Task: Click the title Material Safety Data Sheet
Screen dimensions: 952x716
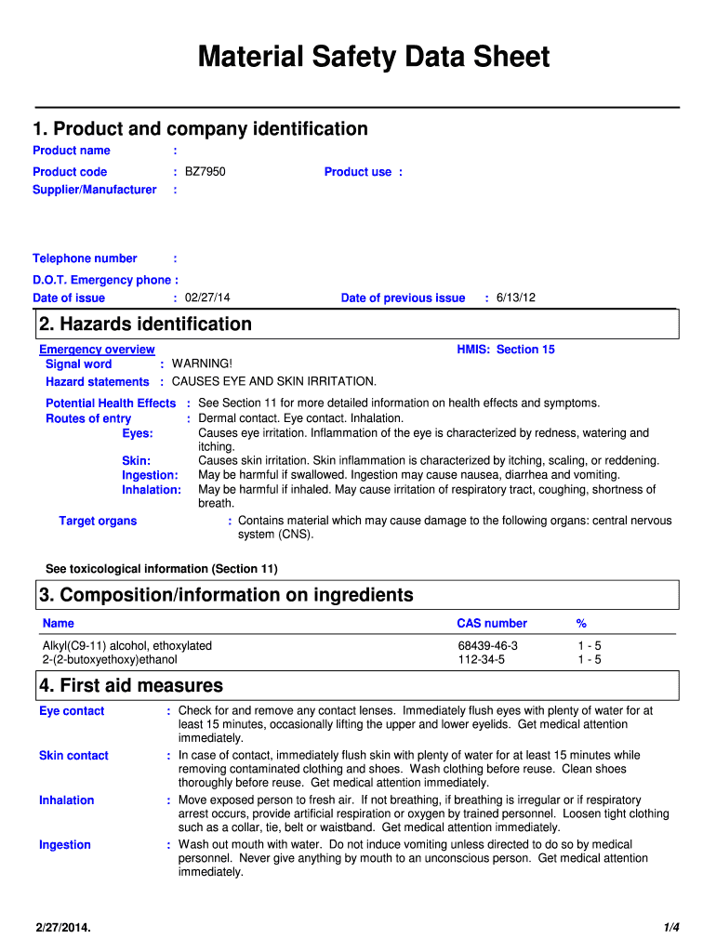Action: point(374,58)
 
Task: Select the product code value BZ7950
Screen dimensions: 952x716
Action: point(205,172)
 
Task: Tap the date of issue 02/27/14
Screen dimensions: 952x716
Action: point(207,298)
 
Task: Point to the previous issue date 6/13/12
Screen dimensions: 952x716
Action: point(515,298)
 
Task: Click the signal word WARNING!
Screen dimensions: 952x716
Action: point(202,364)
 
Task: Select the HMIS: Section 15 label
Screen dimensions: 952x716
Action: point(505,350)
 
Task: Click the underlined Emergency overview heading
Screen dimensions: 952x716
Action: point(97,350)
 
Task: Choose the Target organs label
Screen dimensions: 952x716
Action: point(98,522)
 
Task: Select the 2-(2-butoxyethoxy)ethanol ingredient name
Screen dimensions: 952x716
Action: point(110,660)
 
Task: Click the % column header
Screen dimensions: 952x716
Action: point(581,624)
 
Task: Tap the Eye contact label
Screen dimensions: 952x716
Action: point(72,711)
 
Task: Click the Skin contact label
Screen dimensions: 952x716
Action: point(73,756)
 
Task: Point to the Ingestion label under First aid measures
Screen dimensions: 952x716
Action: point(65,845)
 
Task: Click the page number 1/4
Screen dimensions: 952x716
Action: point(671,927)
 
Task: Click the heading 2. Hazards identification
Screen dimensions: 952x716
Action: point(146,324)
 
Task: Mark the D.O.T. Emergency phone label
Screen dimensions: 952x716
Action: point(105,281)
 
